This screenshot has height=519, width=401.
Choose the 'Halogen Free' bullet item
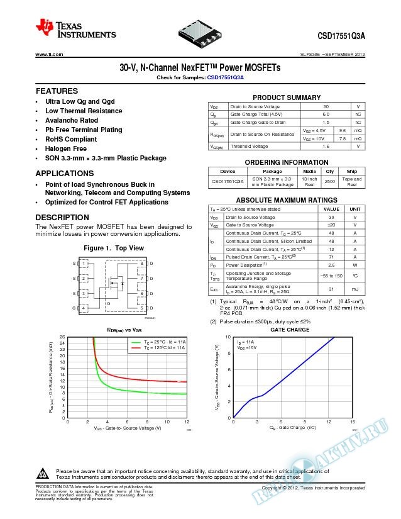(x=66, y=148)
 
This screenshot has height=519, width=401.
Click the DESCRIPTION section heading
(x=62, y=218)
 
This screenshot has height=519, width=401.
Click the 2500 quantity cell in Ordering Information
(x=329, y=181)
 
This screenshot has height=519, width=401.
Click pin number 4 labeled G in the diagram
(x=84, y=308)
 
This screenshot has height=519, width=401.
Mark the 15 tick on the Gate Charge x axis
(x=353, y=421)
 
